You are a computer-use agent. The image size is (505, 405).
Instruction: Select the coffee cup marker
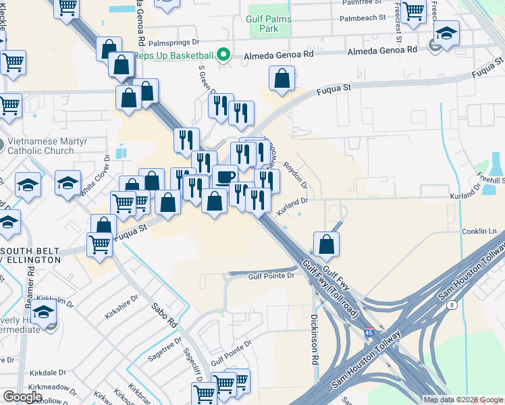click(225, 177)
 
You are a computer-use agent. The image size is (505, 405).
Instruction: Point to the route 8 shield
click(452, 305)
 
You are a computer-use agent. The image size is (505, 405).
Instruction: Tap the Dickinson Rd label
click(315, 339)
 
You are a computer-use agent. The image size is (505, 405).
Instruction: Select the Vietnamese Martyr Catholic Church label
click(41, 146)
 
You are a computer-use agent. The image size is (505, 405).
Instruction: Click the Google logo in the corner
click(22, 397)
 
